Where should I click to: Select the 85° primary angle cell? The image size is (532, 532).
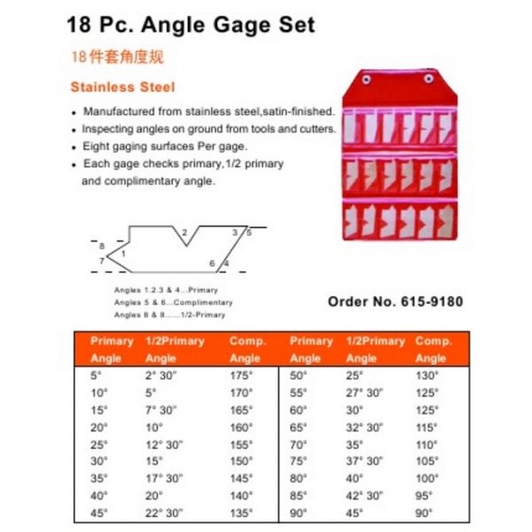point(299,494)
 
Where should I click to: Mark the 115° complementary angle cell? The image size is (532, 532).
point(428,426)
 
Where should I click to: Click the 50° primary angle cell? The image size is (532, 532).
point(299,374)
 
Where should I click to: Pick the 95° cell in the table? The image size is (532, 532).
point(426,494)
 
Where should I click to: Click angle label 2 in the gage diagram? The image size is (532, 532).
point(184,233)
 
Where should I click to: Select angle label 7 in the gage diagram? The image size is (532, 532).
point(102,261)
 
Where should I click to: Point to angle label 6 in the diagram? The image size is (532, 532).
point(213,263)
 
